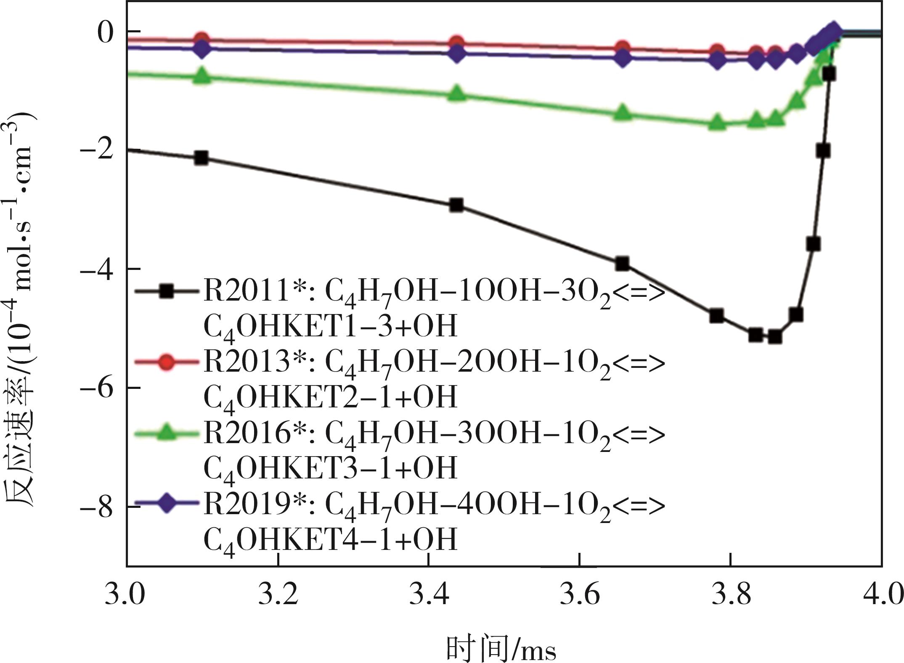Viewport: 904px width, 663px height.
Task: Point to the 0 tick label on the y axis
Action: tap(106, 32)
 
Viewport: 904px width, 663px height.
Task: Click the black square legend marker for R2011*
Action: tap(167, 291)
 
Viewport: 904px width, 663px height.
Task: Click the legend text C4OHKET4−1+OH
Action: tap(330, 539)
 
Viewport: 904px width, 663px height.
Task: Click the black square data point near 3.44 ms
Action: tap(456, 205)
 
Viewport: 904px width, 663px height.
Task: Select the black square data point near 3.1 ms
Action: tap(201, 158)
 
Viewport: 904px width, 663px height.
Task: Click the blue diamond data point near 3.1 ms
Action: tap(202, 49)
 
